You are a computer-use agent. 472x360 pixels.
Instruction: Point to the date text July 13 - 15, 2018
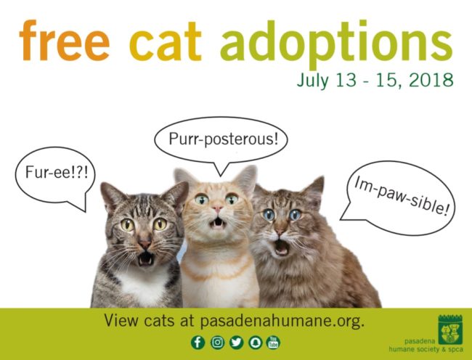(x=374, y=79)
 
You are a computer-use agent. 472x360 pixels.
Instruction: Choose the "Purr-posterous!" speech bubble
(x=222, y=138)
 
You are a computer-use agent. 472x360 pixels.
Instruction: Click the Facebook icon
(x=198, y=342)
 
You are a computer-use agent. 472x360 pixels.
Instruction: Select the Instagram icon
(x=216, y=342)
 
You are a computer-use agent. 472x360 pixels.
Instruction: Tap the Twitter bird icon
(x=235, y=342)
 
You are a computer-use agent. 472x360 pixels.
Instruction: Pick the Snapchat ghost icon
(x=254, y=342)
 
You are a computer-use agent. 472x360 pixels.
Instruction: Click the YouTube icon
(x=273, y=342)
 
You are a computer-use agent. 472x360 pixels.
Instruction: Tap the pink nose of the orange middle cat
(x=216, y=209)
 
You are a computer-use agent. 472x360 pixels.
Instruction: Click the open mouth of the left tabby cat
(x=146, y=258)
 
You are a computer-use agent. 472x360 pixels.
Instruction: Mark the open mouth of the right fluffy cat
(x=282, y=248)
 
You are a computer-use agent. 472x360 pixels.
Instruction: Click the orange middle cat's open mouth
(x=216, y=222)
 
